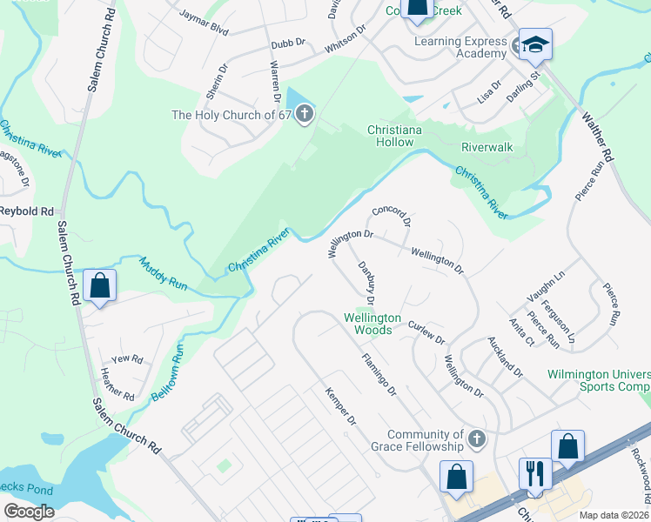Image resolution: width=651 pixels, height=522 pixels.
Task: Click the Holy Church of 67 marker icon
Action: tap(304, 114)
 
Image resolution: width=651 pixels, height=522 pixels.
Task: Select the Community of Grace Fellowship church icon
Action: tap(475, 438)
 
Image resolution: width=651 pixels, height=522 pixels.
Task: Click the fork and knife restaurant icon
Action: tap(534, 472)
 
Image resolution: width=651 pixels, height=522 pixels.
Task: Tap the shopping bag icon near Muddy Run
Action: tap(99, 284)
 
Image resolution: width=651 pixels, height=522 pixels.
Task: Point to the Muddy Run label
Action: tap(164, 272)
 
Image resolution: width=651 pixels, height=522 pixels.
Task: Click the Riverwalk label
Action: tap(487, 147)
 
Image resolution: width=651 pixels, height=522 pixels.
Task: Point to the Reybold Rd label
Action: tap(26, 211)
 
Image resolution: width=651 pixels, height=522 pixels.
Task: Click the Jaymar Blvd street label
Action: tap(203, 23)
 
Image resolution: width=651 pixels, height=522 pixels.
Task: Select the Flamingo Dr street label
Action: tap(379, 373)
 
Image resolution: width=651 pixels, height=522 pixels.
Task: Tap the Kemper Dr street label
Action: tap(340, 407)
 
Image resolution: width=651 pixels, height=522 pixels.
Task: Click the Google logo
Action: tap(29, 511)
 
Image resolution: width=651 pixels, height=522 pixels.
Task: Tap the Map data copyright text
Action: tap(614, 515)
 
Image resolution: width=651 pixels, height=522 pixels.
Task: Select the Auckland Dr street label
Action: tap(505, 357)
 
